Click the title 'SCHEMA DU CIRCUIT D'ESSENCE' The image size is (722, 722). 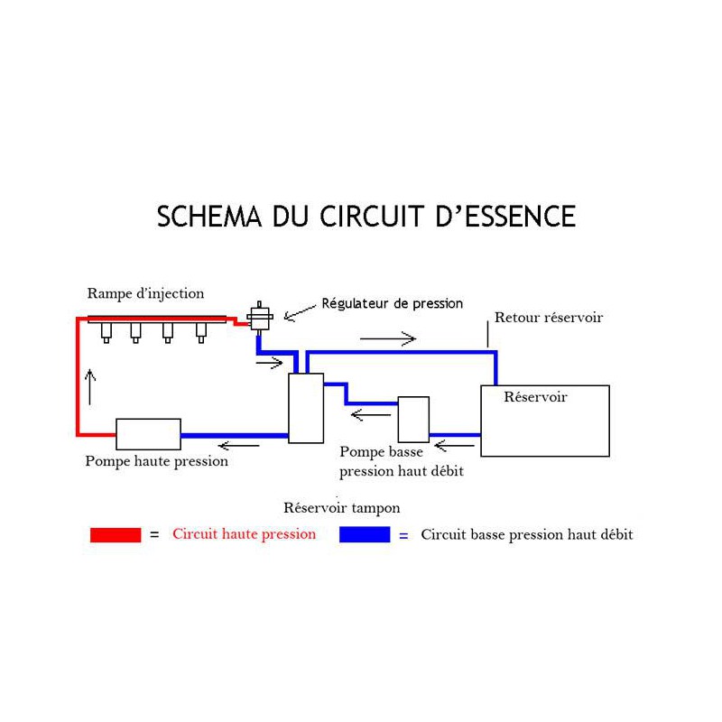point(366,218)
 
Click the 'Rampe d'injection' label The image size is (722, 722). point(145,293)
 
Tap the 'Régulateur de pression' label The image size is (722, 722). point(392,304)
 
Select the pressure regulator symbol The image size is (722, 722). point(261,317)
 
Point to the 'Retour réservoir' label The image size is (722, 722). point(549,318)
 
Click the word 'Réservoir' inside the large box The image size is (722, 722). point(535,397)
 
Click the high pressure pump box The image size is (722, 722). point(149,434)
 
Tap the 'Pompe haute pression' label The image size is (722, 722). point(156,461)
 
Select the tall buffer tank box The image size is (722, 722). point(306,408)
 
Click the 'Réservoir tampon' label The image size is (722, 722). point(341,508)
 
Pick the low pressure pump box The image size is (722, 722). point(413,420)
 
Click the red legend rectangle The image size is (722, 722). point(116,534)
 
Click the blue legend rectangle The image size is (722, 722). point(365,534)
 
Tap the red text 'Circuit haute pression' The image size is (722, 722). point(244,534)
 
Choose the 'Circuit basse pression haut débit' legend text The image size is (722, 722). point(527,534)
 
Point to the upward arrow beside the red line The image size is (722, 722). point(90,385)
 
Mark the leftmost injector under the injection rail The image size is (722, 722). point(106,332)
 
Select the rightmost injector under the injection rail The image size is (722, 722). point(201,332)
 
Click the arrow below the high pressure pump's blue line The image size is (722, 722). point(239,445)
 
